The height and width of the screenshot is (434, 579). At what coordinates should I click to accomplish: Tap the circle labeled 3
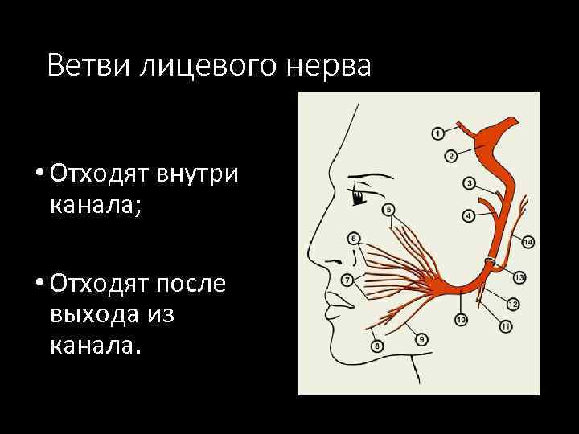pyautogui.click(x=469, y=182)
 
